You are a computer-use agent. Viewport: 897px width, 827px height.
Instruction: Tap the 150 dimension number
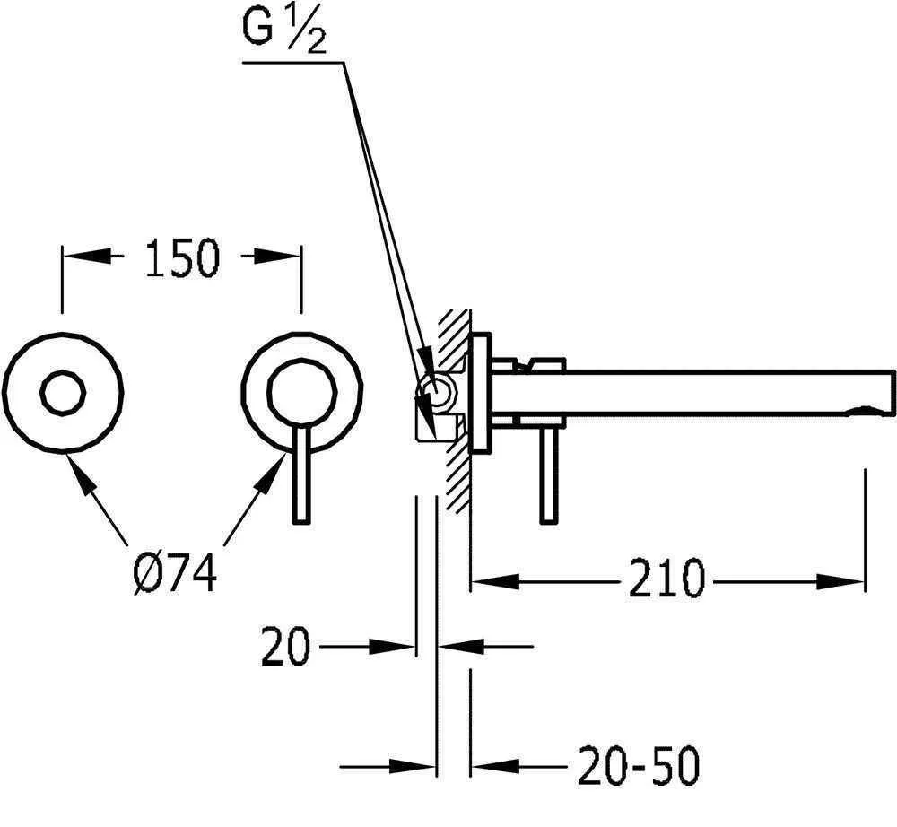point(182,258)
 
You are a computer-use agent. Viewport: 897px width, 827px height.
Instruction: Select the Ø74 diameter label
point(175,574)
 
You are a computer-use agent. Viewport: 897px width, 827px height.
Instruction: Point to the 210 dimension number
point(666,579)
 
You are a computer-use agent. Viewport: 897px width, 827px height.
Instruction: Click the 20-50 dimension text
point(639,766)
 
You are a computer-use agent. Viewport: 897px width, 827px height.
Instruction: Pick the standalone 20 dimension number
point(285,647)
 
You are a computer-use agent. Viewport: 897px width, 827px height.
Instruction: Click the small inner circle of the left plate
point(63,392)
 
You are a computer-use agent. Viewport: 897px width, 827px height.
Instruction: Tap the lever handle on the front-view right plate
point(301,474)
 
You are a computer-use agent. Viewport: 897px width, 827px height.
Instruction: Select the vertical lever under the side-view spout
point(549,475)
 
